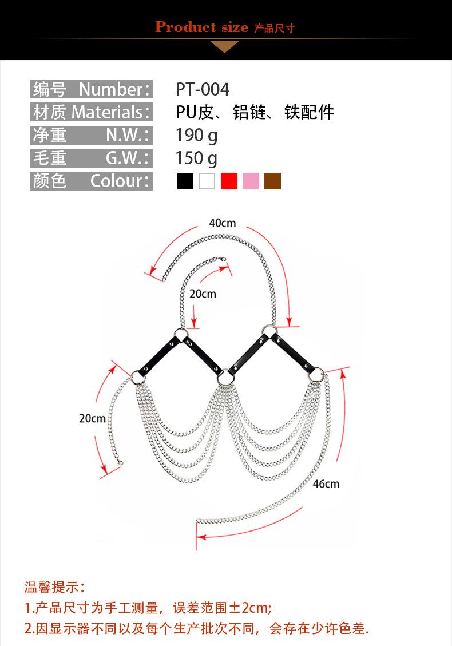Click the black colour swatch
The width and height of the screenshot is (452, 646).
185,181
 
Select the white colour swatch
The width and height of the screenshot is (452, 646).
207,181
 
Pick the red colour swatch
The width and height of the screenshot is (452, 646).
229,181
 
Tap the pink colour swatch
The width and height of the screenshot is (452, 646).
251,181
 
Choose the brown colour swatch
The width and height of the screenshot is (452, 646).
272,181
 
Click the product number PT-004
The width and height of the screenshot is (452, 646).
203,89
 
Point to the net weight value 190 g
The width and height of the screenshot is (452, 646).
197,136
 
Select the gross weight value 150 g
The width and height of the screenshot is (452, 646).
197,158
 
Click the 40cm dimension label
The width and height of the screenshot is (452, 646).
223,223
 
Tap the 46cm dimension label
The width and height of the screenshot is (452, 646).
326,484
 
